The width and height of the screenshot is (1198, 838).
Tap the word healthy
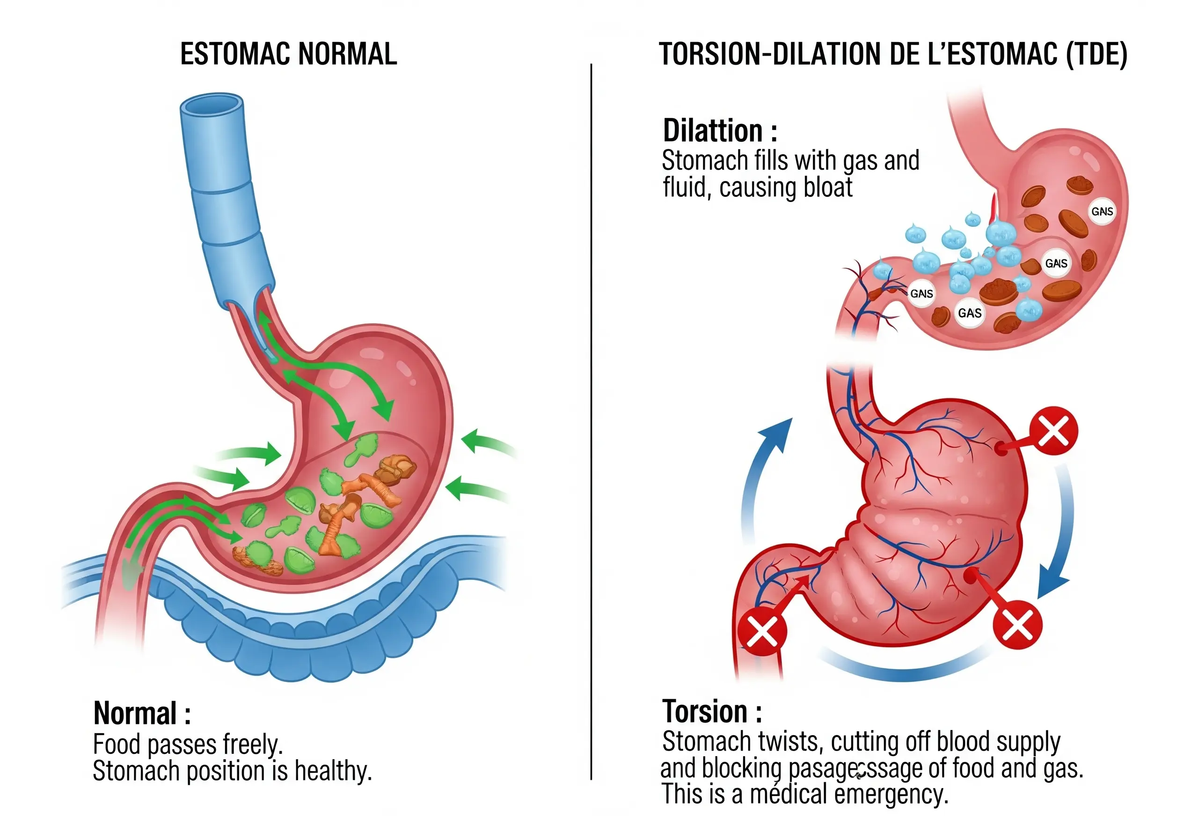tap(333, 771)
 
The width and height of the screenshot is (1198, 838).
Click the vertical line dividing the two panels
tap(591, 417)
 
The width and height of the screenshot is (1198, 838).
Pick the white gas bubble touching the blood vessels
tap(921, 294)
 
